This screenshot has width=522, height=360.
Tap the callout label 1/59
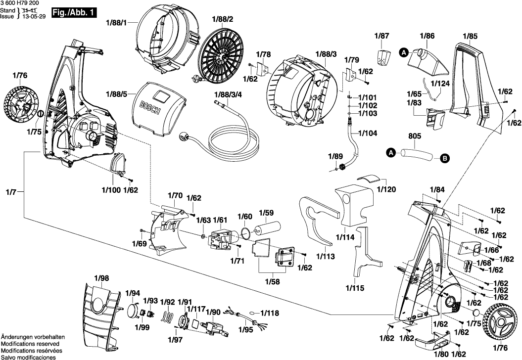tap(267, 214)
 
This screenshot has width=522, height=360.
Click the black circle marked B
tap(444, 158)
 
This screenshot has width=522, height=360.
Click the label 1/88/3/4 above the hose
tap(228, 94)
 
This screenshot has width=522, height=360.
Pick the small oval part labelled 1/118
tap(253, 313)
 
